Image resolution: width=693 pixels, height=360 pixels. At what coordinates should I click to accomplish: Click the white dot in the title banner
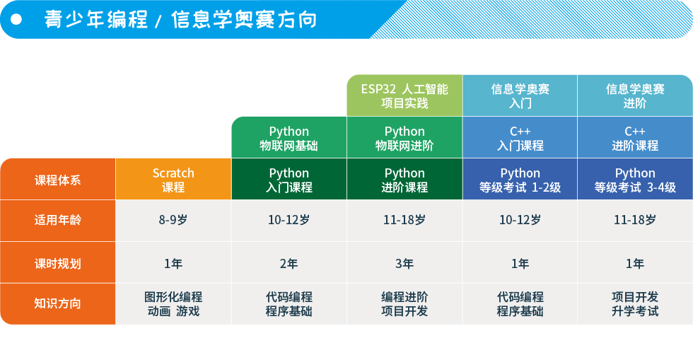point(16,20)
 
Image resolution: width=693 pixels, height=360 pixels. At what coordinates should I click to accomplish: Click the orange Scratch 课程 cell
point(173,179)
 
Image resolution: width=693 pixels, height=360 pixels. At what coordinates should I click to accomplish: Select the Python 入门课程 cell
point(289,179)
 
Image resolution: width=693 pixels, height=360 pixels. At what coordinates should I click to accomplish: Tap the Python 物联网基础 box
point(289,137)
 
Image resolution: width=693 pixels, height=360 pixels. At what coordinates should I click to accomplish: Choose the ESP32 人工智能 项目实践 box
point(404,95)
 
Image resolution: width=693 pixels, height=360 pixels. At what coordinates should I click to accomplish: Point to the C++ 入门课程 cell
point(520,137)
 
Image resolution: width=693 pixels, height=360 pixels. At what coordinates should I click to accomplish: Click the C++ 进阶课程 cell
point(635,137)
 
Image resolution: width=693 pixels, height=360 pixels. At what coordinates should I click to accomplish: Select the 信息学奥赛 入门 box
point(520,95)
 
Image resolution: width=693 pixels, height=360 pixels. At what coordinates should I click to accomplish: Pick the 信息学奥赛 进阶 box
point(635,95)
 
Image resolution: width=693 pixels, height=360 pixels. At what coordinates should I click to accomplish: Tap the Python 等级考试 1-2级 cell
point(520,179)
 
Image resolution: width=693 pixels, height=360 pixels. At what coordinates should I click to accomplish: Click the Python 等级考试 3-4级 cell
point(635,179)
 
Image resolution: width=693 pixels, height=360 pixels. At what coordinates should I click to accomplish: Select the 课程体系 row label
point(58,179)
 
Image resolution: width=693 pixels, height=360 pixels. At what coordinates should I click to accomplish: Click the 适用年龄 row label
point(58,220)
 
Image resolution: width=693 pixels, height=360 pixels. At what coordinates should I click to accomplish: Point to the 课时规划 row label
point(58,262)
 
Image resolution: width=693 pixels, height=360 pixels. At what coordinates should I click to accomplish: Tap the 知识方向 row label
point(58,304)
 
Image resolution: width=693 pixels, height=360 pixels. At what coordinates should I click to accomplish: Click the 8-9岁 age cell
point(173,220)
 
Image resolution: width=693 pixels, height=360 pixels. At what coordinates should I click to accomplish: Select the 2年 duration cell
point(289,262)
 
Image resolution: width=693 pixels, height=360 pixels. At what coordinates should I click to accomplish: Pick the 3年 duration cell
point(404,262)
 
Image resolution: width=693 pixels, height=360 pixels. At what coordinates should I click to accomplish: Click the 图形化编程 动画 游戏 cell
point(173,304)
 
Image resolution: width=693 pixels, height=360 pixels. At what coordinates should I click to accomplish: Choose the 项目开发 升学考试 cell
point(635,304)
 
